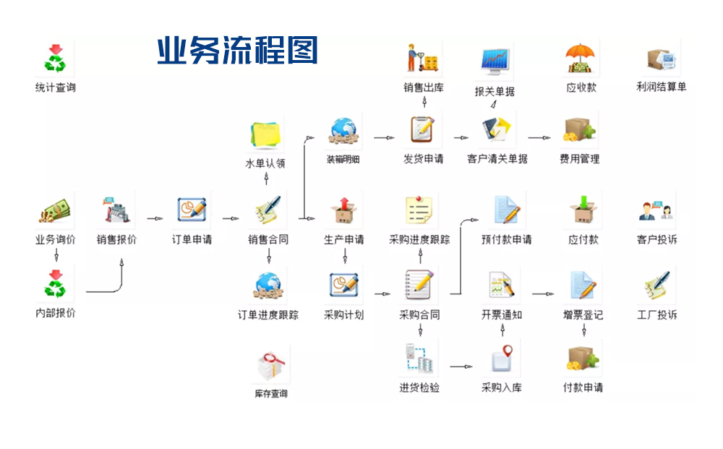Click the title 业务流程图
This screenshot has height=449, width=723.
[237, 51]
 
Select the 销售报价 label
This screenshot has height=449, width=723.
[116, 240]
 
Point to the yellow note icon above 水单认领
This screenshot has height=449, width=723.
[266, 134]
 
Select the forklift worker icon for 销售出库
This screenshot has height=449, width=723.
[423, 58]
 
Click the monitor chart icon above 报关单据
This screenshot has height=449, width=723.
[495, 61]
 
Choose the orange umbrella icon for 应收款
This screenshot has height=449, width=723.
[582, 58]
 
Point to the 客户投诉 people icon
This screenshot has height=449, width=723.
[656, 210]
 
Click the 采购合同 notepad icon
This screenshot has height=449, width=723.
[420, 285]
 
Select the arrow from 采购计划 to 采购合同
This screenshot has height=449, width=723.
[382, 294]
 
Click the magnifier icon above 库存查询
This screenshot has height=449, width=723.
[271, 364]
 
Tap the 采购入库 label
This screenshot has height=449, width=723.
[502, 388]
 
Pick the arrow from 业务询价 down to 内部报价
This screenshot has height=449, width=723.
[55, 255]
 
